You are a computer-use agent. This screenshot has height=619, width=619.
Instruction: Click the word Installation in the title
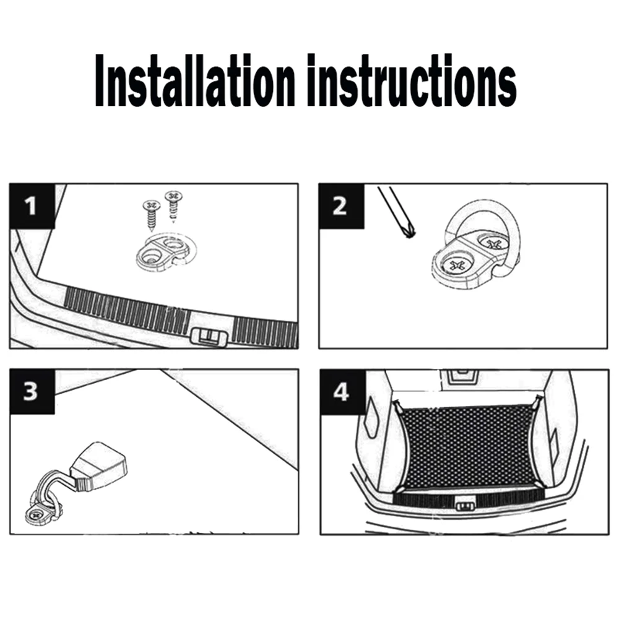(x=195, y=81)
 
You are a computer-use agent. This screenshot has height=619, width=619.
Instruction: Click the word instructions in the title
(x=412, y=81)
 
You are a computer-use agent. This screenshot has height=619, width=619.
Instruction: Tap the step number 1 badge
(x=32, y=206)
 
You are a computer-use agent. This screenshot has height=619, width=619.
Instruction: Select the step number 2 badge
(x=341, y=206)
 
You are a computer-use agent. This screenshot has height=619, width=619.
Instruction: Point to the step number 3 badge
(x=32, y=392)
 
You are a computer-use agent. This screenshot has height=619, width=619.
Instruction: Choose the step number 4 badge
(x=342, y=392)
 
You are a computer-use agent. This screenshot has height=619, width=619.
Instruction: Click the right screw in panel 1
(x=173, y=206)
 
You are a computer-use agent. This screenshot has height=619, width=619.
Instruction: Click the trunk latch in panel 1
(x=209, y=337)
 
